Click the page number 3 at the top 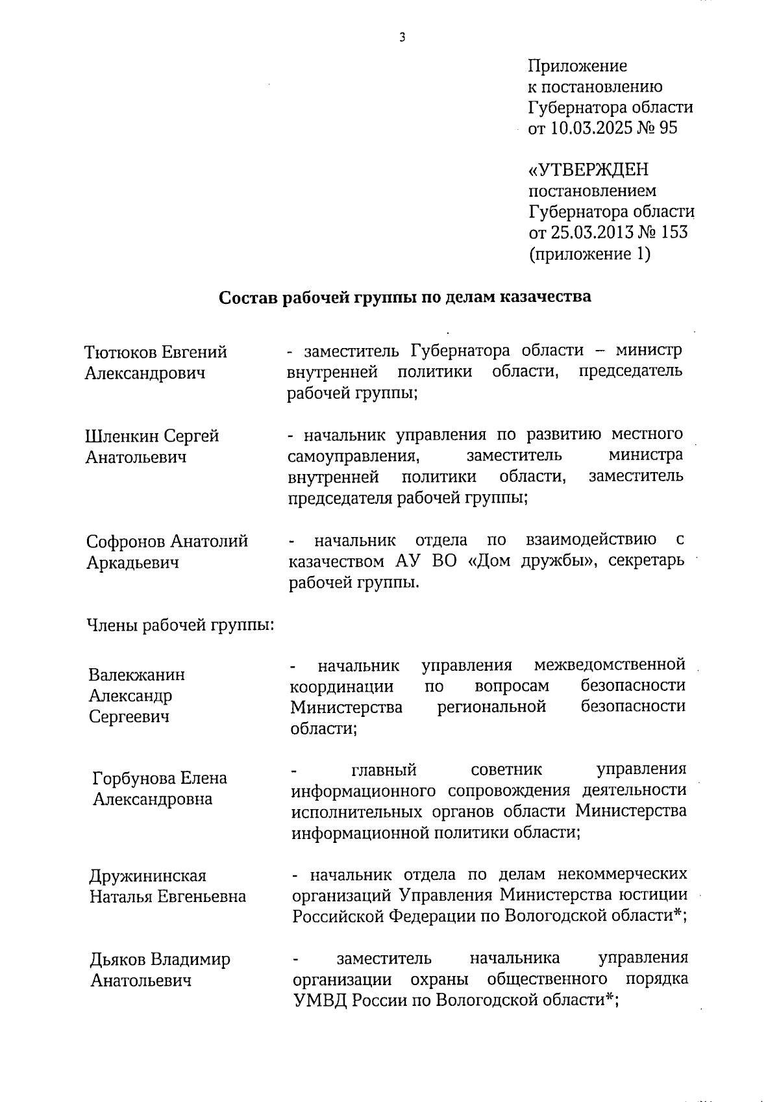(402, 37)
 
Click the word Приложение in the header (577, 66)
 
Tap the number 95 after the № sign (668, 128)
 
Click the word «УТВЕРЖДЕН (589, 170)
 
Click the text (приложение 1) (589, 253)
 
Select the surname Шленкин (122, 436)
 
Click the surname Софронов (127, 541)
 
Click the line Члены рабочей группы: (180, 625)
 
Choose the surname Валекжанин (136, 675)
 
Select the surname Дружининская (147, 875)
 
